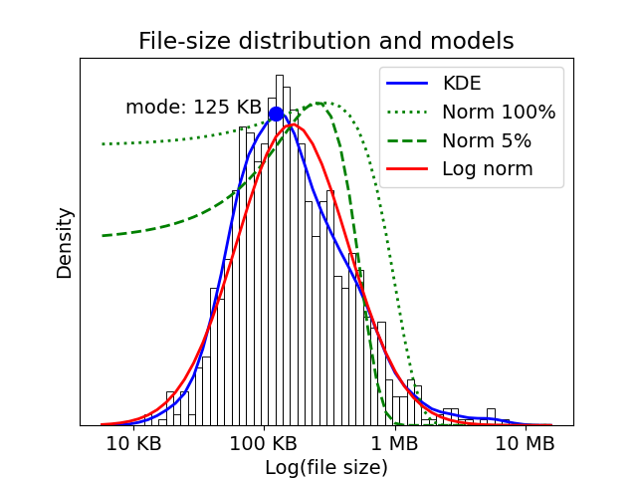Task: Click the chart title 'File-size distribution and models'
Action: click(x=325, y=41)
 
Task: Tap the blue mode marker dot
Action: click(x=276, y=114)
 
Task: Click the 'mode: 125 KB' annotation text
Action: click(x=193, y=107)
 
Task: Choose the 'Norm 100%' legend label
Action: click(x=499, y=112)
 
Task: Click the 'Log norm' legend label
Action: click(x=488, y=168)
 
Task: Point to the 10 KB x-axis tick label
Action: click(x=133, y=443)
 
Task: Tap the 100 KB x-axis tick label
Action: click(x=264, y=443)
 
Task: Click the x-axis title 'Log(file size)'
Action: click(x=325, y=466)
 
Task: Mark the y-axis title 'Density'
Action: click(x=65, y=243)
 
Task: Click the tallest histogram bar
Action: click(x=280, y=249)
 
